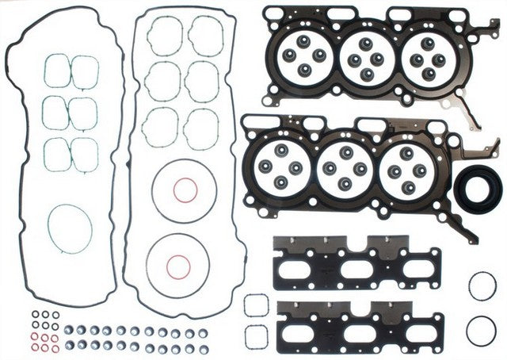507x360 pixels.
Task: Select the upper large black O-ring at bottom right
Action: [x=482, y=285]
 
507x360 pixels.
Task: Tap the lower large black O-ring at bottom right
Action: [x=482, y=331]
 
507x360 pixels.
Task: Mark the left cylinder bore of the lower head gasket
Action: [x=281, y=166]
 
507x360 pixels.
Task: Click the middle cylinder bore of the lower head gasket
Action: [x=345, y=167]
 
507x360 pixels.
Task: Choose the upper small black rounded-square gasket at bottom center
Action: [x=256, y=305]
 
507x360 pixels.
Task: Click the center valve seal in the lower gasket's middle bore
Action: [x=345, y=168]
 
